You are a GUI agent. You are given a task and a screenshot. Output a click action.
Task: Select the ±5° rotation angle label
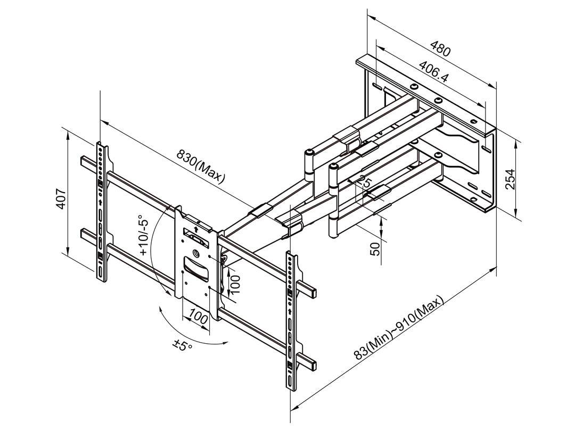pyautogui.click(x=182, y=346)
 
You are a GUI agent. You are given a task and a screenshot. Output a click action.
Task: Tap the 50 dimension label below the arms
pyautogui.click(x=375, y=248)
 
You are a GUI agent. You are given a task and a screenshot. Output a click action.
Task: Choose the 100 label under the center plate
pyautogui.click(x=198, y=319)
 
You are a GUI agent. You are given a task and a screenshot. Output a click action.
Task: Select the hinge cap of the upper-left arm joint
pyautogui.click(x=309, y=154)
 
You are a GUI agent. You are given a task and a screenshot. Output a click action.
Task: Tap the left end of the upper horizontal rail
pyautogui.click(x=84, y=160)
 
